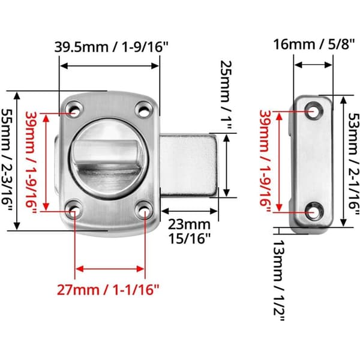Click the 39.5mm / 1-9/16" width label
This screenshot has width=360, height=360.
(x=112, y=47)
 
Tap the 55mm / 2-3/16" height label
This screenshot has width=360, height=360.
(x=7, y=160)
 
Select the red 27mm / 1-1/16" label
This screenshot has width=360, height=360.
(x=108, y=290)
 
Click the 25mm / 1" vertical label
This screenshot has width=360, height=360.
(x=226, y=95)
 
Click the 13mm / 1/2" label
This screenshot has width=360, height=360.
(x=279, y=281)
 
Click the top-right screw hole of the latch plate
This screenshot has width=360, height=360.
(x=144, y=110)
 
